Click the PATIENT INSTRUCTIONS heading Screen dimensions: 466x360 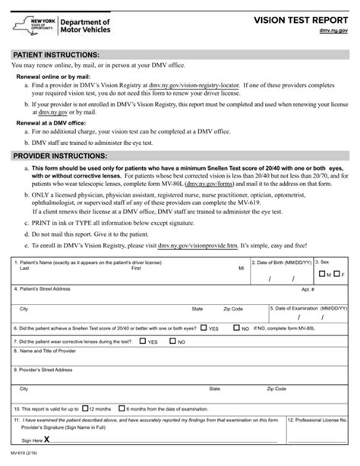[x=56, y=56]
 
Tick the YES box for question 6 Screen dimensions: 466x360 [x=204, y=329]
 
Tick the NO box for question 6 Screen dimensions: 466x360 [x=235, y=329]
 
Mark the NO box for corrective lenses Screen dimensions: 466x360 [x=175, y=342]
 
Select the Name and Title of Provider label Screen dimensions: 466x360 [x=49, y=352]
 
